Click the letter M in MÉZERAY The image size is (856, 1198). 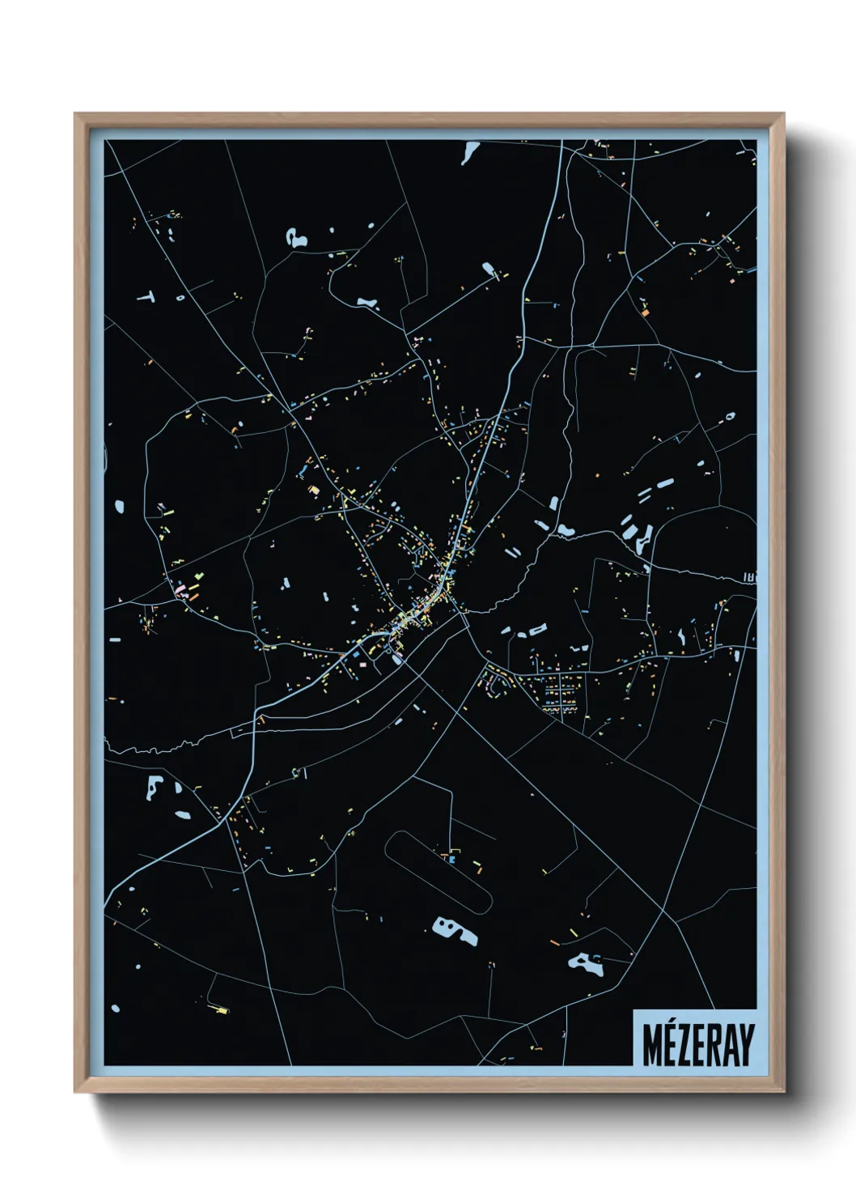click(x=652, y=1044)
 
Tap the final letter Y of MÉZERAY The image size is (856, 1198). click(x=745, y=1044)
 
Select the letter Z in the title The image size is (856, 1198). click(x=685, y=1044)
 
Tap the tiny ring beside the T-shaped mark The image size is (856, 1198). click(x=180, y=297)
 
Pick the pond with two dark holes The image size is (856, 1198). click(x=454, y=930)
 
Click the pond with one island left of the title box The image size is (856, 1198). click(x=587, y=963)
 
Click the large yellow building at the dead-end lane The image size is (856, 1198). click(x=221, y=1009)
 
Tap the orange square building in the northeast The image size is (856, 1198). click(x=645, y=310)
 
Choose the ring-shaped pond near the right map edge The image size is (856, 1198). click(x=730, y=417)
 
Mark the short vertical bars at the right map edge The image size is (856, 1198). click(x=749, y=578)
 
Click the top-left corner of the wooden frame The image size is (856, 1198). click(x=76, y=115)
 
